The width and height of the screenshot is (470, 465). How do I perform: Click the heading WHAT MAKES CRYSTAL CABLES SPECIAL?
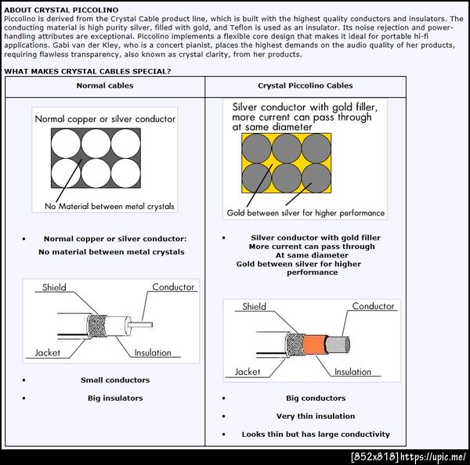click(88, 71)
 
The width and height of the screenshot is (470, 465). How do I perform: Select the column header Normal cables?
click(104, 85)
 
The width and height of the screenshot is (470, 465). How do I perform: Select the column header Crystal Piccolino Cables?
click(305, 85)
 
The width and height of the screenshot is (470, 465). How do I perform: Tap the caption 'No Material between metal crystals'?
click(110, 207)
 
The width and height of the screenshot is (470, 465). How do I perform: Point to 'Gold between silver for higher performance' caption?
click(305, 213)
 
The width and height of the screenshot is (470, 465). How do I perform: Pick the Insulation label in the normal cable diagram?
click(153, 353)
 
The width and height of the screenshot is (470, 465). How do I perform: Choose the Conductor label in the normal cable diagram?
click(173, 287)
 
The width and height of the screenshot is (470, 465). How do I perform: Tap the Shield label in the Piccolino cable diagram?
click(254, 307)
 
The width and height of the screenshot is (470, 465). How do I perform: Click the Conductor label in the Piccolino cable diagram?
click(373, 307)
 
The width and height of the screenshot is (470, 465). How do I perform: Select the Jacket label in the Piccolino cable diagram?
click(248, 372)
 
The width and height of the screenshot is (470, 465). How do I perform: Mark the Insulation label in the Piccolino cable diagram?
click(352, 372)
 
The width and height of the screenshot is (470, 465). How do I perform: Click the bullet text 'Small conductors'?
click(115, 380)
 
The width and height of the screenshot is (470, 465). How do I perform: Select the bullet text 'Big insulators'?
click(115, 398)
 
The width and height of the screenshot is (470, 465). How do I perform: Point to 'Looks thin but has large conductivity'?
click(316, 434)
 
